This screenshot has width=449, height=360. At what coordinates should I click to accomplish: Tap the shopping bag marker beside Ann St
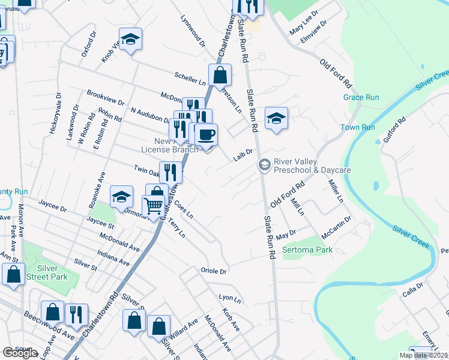click(x=14, y=274)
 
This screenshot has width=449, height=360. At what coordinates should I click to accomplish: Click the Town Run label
click(x=358, y=127)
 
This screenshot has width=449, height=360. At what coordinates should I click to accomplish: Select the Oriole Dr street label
click(x=213, y=271)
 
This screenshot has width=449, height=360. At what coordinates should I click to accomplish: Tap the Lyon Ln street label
click(x=230, y=298)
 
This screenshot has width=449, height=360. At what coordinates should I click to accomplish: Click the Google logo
click(x=20, y=353)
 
